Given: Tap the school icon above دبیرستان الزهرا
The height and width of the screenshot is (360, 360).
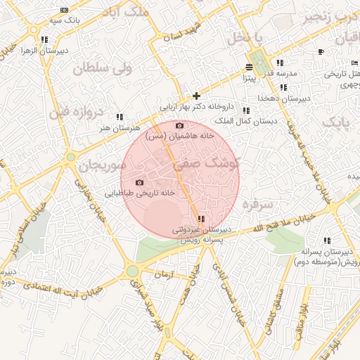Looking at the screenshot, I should (x=44, y=39).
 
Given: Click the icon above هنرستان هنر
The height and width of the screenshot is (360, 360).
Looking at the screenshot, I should (x=120, y=117).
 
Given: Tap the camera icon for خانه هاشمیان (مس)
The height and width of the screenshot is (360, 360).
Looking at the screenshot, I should (x=179, y=125).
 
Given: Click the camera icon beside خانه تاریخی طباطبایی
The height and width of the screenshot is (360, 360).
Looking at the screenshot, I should (x=139, y=183).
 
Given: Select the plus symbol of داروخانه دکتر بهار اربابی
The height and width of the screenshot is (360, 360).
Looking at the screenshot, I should (x=196, y=96).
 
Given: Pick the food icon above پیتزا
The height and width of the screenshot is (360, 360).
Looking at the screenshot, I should (x=249, y=67).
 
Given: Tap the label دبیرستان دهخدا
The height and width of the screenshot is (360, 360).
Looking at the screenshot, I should (x=283, y=98).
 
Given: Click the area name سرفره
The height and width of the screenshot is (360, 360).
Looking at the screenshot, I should (x=257, y=205).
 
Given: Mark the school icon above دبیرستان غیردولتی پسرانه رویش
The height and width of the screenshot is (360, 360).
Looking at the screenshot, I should (x=202, y=219).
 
